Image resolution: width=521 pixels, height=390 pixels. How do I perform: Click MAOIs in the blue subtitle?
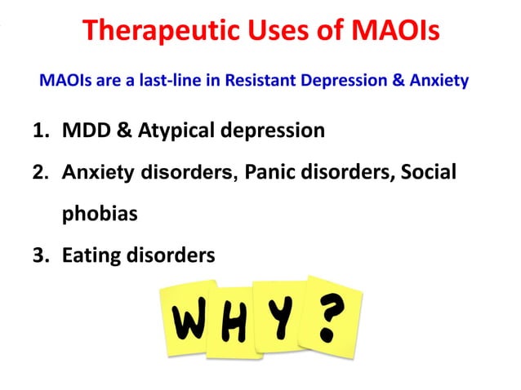point(62,82)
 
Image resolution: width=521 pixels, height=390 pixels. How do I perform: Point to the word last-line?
point(157,82)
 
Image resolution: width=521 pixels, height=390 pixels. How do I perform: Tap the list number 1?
point(40,131)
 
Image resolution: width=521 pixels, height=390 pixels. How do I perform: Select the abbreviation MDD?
point(83,131)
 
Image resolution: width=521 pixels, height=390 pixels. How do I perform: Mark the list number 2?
point(40,173)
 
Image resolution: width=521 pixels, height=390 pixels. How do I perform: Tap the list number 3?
point(40,256)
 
